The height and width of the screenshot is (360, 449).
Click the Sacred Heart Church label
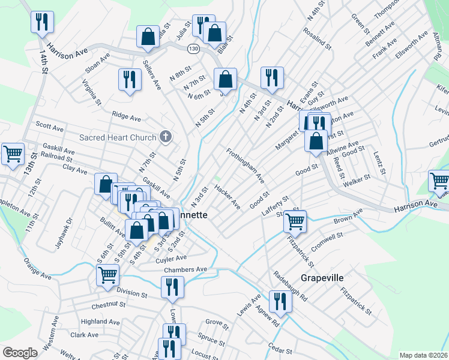click(118, 137)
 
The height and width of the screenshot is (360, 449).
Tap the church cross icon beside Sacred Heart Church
click(166, 137)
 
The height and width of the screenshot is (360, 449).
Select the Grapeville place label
click(322, 278)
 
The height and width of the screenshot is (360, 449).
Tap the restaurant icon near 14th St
click(42, 23)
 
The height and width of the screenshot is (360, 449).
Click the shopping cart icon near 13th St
click(13, 153)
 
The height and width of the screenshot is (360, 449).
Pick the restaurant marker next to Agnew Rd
click(280, 301)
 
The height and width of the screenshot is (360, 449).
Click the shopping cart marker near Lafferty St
click(295, 220)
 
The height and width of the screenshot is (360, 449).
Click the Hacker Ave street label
click(228, 197)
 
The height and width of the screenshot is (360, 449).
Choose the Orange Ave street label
click(37, 269)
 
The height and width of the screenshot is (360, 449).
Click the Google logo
click(20, 353)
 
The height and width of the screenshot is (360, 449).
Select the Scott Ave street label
click(50, 128)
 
